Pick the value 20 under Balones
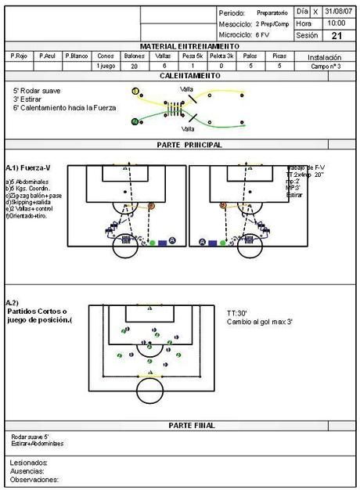click(x=135, y=67)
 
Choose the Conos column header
click(x=106, y=56)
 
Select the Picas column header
click(x=279, y=56)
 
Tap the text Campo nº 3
click(x=325, y=67)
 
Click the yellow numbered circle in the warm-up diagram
click(x=135, y=92)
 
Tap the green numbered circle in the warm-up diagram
click(x=135, y=121)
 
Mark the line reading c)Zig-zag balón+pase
click(x=33, y=196)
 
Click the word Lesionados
click(x=29, y=463)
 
